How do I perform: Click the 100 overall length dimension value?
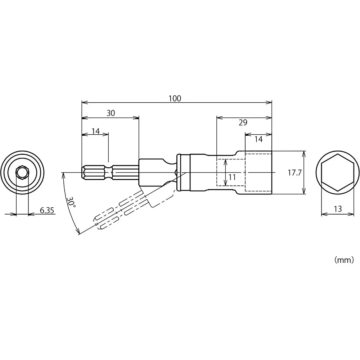tap(175, 98)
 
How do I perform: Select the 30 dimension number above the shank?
tap(111, 113)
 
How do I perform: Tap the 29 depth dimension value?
tap(243, 123)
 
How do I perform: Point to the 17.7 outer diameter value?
tap(294, 173)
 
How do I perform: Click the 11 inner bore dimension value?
tap(232, 177)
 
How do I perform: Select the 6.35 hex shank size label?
tap(47, 210)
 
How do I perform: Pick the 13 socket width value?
tap(337, 209)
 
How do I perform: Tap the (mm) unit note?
tap(344, 260)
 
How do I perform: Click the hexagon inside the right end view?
tap(337, 173)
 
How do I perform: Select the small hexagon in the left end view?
tap(22, 172)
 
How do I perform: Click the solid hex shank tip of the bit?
tap(94, 172)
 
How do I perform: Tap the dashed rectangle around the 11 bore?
tap(230, 172)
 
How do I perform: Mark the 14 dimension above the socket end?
tap(258, 139)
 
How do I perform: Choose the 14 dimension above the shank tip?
tap(95, 131)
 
